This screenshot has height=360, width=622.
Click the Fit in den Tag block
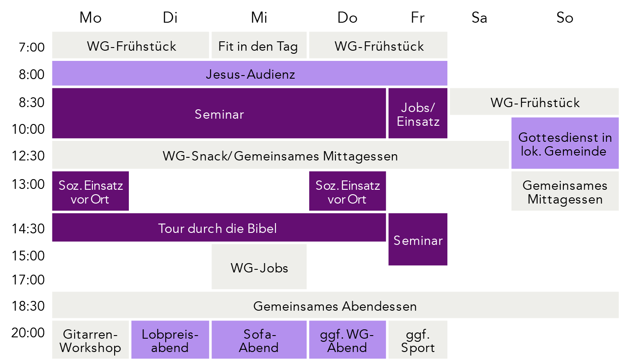click(x=259, y=45)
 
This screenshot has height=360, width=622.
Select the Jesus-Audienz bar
click(x=250, y=74)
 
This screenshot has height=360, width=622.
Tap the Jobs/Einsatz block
click(x=418, y=114)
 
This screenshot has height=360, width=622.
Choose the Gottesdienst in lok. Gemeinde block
click(x=565, y=144)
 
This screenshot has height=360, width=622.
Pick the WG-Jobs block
click(x=259, y=267)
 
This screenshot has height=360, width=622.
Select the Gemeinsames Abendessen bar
click(x=335, y=306)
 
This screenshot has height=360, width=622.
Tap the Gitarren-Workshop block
click(x=90, y=340)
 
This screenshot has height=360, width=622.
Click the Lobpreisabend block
click(x=170, y=340)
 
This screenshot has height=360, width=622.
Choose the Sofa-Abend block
click(x=259, y=340)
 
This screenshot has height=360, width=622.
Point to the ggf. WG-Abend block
click(x=347, y=340)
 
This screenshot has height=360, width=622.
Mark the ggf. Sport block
click(x=418, y=340)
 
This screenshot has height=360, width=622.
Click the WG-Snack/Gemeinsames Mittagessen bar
click(x=280, y=156)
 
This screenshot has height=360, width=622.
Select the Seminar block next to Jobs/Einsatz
click(x=219, y=114)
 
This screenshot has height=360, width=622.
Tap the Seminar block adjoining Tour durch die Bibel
click(x=418, y=240)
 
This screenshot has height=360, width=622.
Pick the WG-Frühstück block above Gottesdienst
click(x=534, y=102)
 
